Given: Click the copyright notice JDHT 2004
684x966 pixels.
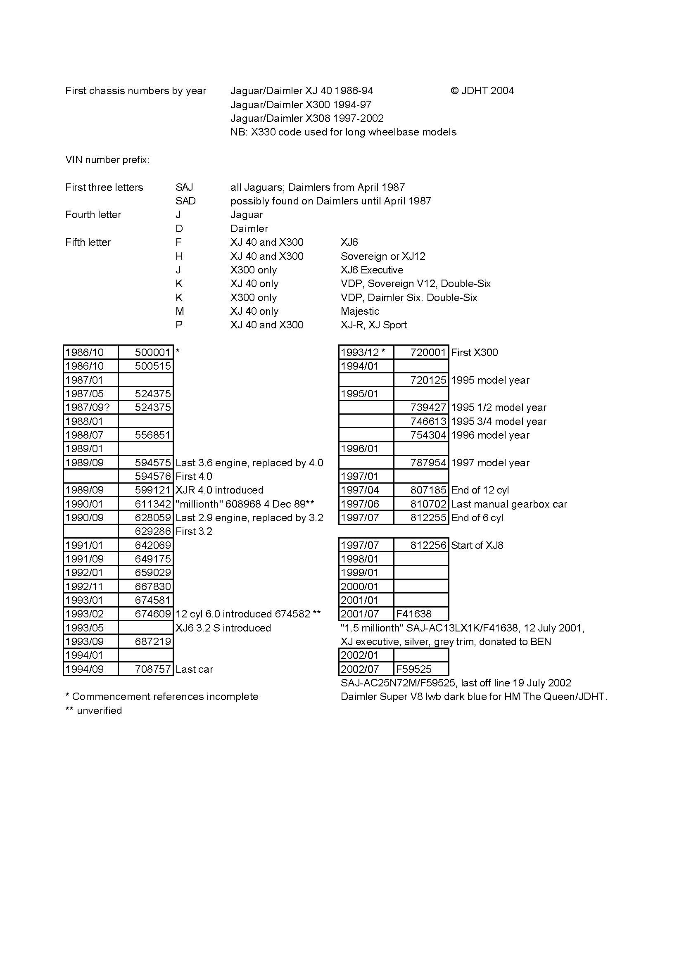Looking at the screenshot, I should pyautogui.click(x=482, y=90).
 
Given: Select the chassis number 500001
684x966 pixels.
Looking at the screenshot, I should pyautogui.click(x=152, y=352).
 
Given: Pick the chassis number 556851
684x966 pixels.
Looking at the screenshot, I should pyautogui.click(x=152, y=435).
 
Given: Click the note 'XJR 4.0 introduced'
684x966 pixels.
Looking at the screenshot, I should pyautogui.click(x=219, y=490).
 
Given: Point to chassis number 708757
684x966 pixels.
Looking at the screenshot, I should pyautogui.click(x=152, y=669).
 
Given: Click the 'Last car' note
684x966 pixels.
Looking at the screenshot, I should pyautogui.click(x=194, y=669).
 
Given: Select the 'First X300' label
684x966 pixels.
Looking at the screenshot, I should pyautogui.click(x=474, y=352).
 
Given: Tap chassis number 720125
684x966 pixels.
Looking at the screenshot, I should pyautogui.click(x=428, y=380).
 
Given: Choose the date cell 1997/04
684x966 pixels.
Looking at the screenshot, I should pyautogui.click(x=359, y=490).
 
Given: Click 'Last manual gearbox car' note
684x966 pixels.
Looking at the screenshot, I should pyautogui.click(x=509, y=504).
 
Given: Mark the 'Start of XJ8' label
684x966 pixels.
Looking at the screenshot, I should pyautogui.click(x=477, y=545).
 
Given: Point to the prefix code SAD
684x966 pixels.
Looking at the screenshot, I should pyautogui.click(x=185, y=201).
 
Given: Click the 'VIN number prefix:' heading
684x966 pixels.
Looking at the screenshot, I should pyautogui.click(x=107, y=160).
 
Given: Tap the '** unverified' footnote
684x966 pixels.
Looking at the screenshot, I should pyautogui.click(x=93, y=711).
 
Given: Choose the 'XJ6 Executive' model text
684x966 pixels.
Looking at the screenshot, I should pyautogui.click(x=372, y=270).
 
